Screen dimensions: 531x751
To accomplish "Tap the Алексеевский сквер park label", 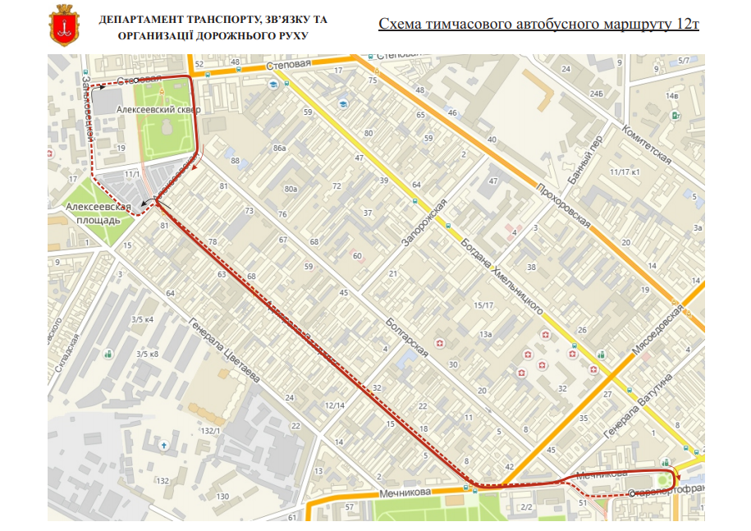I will pyautogui.click(x=158, y=108).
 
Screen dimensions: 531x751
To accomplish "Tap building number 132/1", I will pyautogui.click(x=211, y=431).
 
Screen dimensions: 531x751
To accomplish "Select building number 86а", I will pyautogui.click(x=279, y=148).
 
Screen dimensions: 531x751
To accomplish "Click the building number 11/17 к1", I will pyautogui.click(x=625, y=172).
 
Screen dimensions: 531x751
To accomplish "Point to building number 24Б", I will pyautogui.click(x=596, y=94).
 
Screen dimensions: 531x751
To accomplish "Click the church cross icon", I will pyautogui.click(x=164, y=445).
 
